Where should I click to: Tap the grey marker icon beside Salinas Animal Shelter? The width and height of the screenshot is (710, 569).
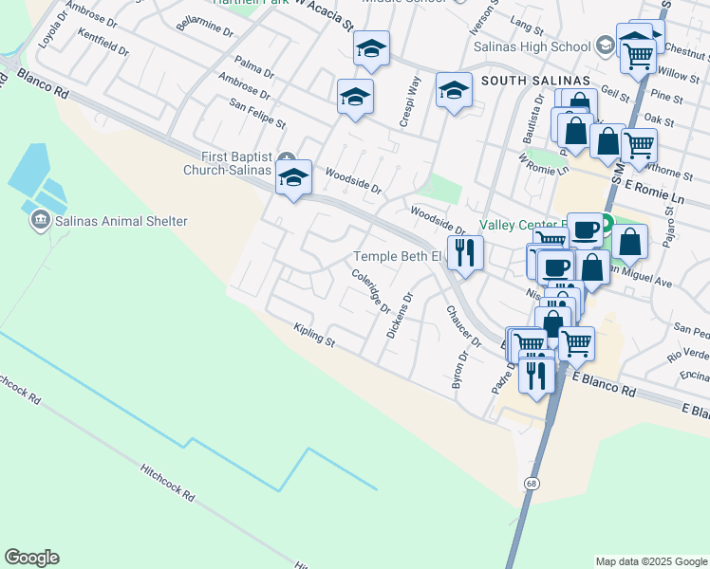coord(40,222)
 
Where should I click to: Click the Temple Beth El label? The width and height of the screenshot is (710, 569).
coord(398,257)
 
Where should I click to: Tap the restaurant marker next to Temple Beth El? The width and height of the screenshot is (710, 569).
coord(465,253)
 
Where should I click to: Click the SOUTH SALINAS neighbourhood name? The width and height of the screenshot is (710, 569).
coord(535,81)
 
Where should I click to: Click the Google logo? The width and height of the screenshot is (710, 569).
coord(31,558)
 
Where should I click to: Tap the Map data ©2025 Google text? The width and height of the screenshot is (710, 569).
coord(650,561)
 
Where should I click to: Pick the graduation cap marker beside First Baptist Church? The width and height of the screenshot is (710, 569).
coord(293,177)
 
